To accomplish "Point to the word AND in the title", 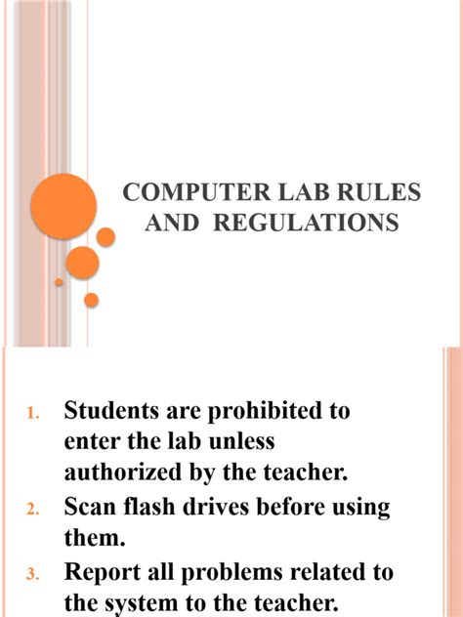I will (x=171, y=224).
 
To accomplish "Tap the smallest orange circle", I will (x=59, y=282).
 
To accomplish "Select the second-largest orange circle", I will (x=83, y=262).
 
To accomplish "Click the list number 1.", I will (x=32, y=415).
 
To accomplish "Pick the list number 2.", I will (x=32, y=510).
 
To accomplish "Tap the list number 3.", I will (x=32, y=573).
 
